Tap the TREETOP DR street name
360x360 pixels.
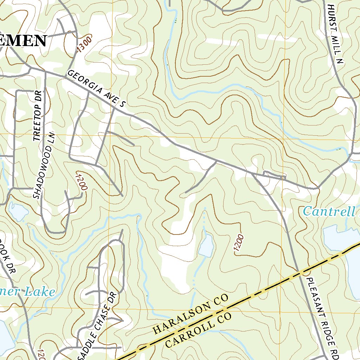[38, 116]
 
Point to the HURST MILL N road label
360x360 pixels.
[335, 34]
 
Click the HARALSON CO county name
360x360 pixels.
[191, 315]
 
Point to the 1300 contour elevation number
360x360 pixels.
[84, 44]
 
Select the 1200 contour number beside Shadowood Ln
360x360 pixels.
[81, 181]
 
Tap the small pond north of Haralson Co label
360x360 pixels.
[206, 245]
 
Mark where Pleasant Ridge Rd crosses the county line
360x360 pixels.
[299, 272]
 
